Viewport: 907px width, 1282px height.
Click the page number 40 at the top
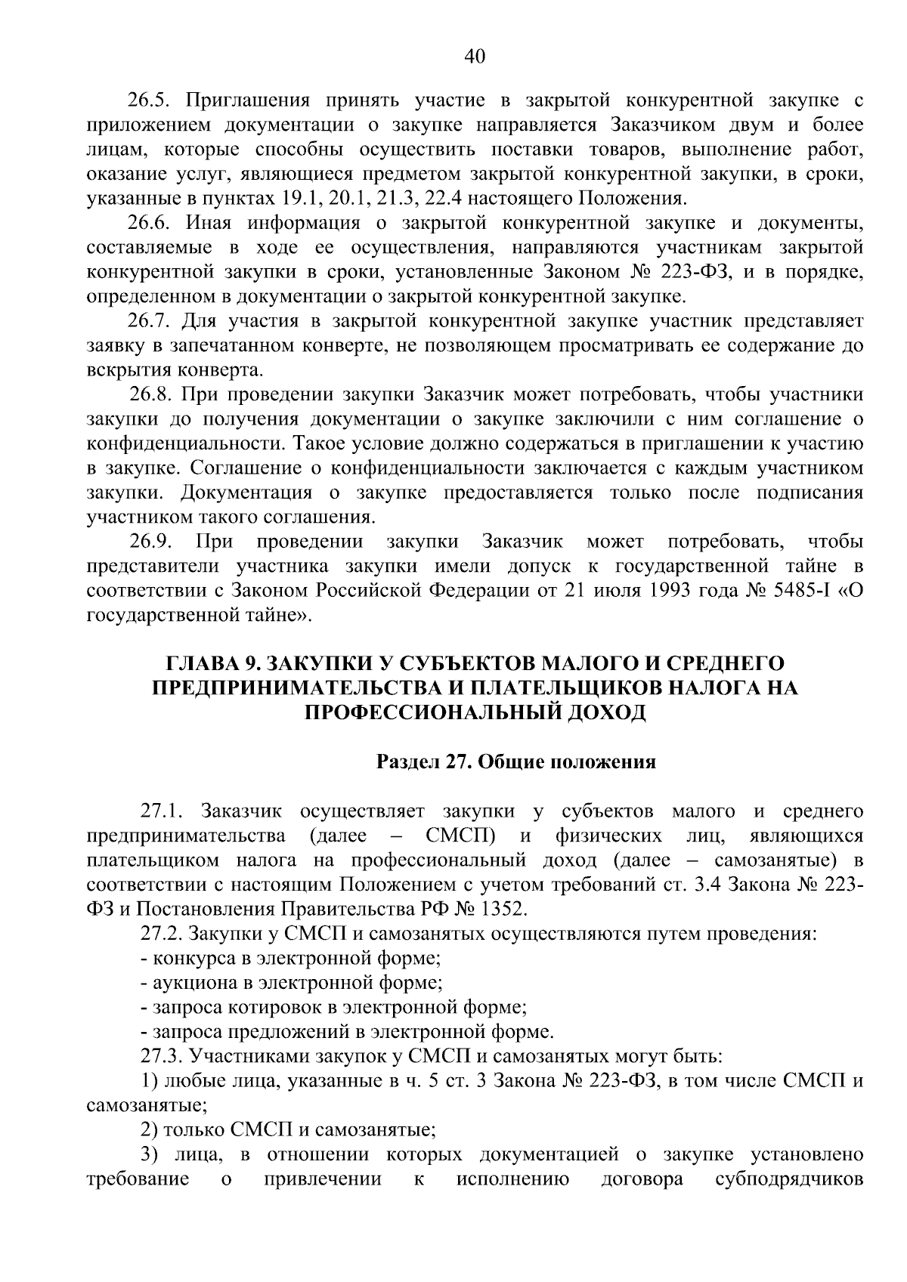(475, 57)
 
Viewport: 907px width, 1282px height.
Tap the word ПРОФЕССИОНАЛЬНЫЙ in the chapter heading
(433, 712)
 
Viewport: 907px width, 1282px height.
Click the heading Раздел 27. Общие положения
(516, 761)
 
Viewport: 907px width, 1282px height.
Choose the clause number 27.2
(162, 934)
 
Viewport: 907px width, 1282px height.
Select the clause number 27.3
(162, 1056)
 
